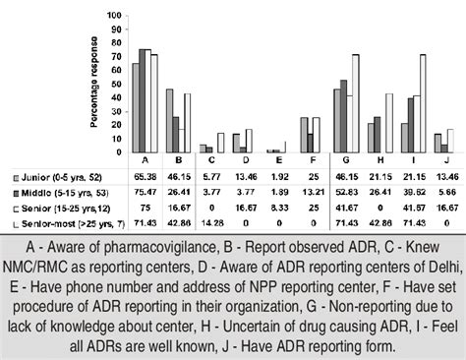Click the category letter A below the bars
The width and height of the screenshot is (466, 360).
tap(145, 159)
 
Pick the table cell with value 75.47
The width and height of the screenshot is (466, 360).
tap(145, 194)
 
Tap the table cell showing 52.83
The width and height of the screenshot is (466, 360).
tap(343, 194)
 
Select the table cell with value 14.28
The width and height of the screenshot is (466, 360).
tap(211, 223)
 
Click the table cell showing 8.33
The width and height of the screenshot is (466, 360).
tap(277, 209)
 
